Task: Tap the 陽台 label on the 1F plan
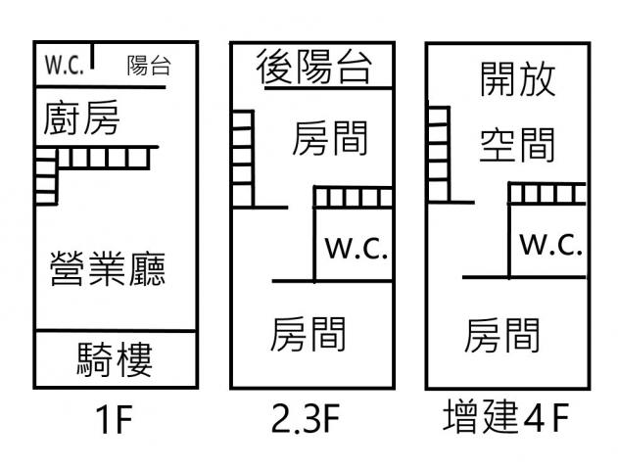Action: click(x=148, y=66)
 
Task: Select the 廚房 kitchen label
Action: click(x=81, y=120)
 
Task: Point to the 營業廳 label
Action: click(x=107, y=267)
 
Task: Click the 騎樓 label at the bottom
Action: click(x=115, y=360)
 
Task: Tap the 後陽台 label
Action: click(x=313, y=69)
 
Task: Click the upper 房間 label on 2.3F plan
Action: click(x=330, y=139)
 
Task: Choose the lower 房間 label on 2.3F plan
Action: click(x=309, y=334)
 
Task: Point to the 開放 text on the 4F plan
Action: click(x=518, y=78)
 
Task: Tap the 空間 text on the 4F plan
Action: click(x=517, y=145)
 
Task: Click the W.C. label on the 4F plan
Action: click(x=551, y=245)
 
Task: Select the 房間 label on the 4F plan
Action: click(x=502, y=335)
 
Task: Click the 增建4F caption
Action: click(x=504, y=421)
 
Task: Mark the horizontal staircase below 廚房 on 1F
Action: click(x=104, y=158)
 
